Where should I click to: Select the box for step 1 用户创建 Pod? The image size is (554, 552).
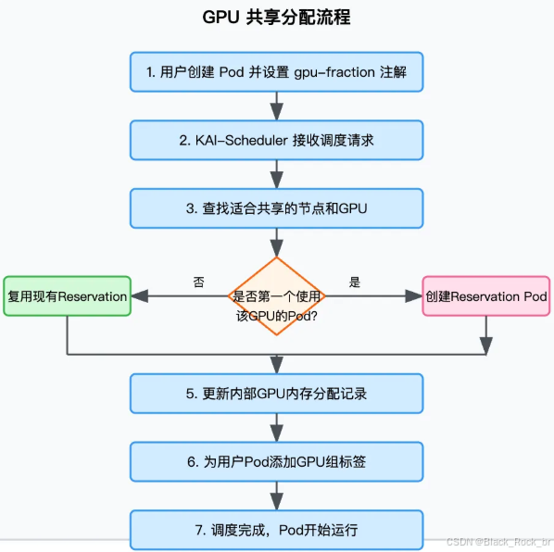click(x=276, y=72)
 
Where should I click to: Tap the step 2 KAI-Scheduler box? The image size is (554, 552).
click(x=276, y=140)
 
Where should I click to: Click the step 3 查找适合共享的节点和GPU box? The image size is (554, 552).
click(x=276, y=208)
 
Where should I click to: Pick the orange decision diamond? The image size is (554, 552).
click(x=276, y=296)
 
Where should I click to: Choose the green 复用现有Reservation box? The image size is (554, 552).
click(x=67, y=296)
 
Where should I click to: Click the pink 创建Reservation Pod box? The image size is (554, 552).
click(x=486, y=296)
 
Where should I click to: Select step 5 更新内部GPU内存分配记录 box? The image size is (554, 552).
click(x=276, y=393)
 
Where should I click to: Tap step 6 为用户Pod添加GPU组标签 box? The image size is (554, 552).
click(x=276, y=461)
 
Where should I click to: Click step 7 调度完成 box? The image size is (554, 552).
click(x=276, y=530)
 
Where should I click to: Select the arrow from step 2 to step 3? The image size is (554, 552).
click(x=276, y=174)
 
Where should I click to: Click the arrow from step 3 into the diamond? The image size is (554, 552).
click(x=276, y=243)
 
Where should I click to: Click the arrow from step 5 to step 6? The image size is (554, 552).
click(x=276, y=427)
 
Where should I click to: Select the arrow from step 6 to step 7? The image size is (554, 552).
click(x=276, y=496)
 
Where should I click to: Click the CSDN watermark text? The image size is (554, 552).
click(x=498, y=542)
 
